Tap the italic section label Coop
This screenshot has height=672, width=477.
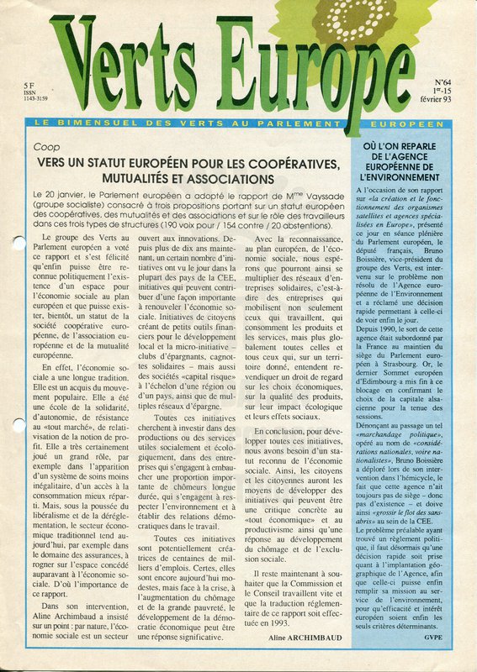(x=47, y=146)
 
